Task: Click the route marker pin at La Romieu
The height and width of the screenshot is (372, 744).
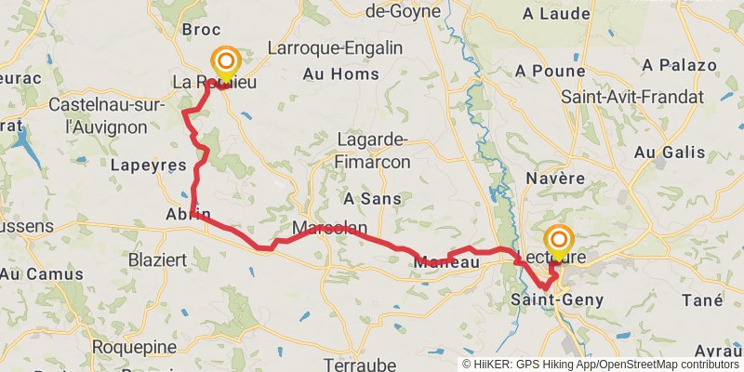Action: click(x=226, y=65)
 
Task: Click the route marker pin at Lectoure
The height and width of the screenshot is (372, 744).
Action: click(x=559, y=243)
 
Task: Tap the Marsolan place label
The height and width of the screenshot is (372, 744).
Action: click(x=330, y=228)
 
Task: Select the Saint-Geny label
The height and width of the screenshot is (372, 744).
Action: click(x=557, y=299)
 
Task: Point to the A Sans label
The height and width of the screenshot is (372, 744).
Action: click(x=372, y=199)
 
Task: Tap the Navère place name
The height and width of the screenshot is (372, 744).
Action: click(x=555, y=178)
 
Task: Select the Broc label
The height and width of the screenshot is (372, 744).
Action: click(x=201, y=30)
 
